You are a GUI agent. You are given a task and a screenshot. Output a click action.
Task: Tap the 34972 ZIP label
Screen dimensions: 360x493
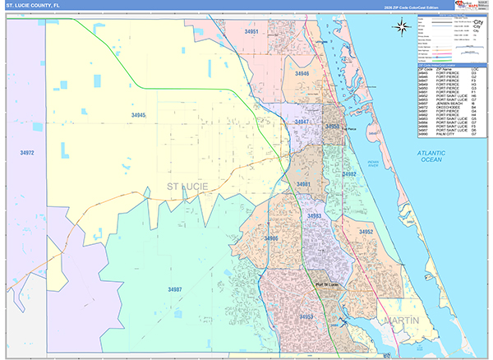pyautogui.click(x=27, y=153)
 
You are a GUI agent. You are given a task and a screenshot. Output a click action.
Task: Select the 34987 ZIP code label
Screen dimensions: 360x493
pyautogui.click(x=174, y=289)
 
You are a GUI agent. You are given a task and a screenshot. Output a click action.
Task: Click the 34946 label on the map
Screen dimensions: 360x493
pyautogui.click(x=302, y=74)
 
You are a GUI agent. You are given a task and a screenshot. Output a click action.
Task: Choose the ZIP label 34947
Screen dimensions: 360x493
pyautogui.click(x=302, y=122)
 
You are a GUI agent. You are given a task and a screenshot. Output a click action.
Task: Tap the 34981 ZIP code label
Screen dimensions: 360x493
pyautogui.click(x=304, y=184)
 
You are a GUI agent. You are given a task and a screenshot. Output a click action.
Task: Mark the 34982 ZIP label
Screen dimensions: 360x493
pyautogui.click(x=350, y=174)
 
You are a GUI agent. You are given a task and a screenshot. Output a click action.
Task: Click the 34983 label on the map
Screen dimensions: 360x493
pyautogui.click(x=314, y=215)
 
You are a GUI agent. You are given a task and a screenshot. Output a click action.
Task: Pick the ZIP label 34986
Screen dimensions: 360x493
pyautogui.click(x=271, y=238)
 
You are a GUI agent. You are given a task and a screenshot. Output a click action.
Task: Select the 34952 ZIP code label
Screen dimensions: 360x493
pyautogui.click(x=366, y=232)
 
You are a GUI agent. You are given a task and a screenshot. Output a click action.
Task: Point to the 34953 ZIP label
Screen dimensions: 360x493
pyautogui.click(x=306, y=316)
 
